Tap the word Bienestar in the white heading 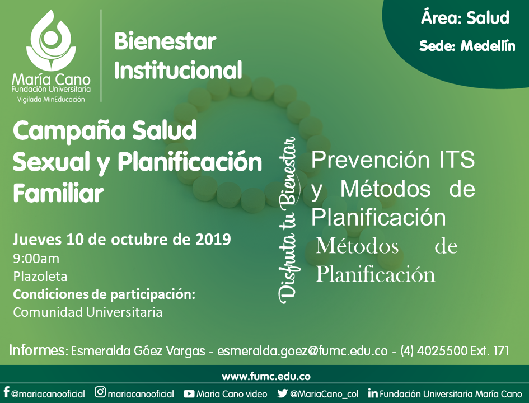tap(165, 41)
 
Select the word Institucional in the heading tap(178, 70)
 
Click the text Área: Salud tap(465, 17)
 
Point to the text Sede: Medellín tap(467, 45)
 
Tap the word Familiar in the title tap(58, 193)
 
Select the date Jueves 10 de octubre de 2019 tap(122, 240)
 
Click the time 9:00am tap(36, 259)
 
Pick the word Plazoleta tap(40, 277)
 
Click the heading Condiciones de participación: tap(104, 294)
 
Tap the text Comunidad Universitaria tap(88, 312)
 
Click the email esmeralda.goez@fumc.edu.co tap(302, 351)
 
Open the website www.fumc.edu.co tap(266, 376)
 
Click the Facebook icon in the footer tap(6, 392)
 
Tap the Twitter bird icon tap(282, 393)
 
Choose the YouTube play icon tap(189, 394)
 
